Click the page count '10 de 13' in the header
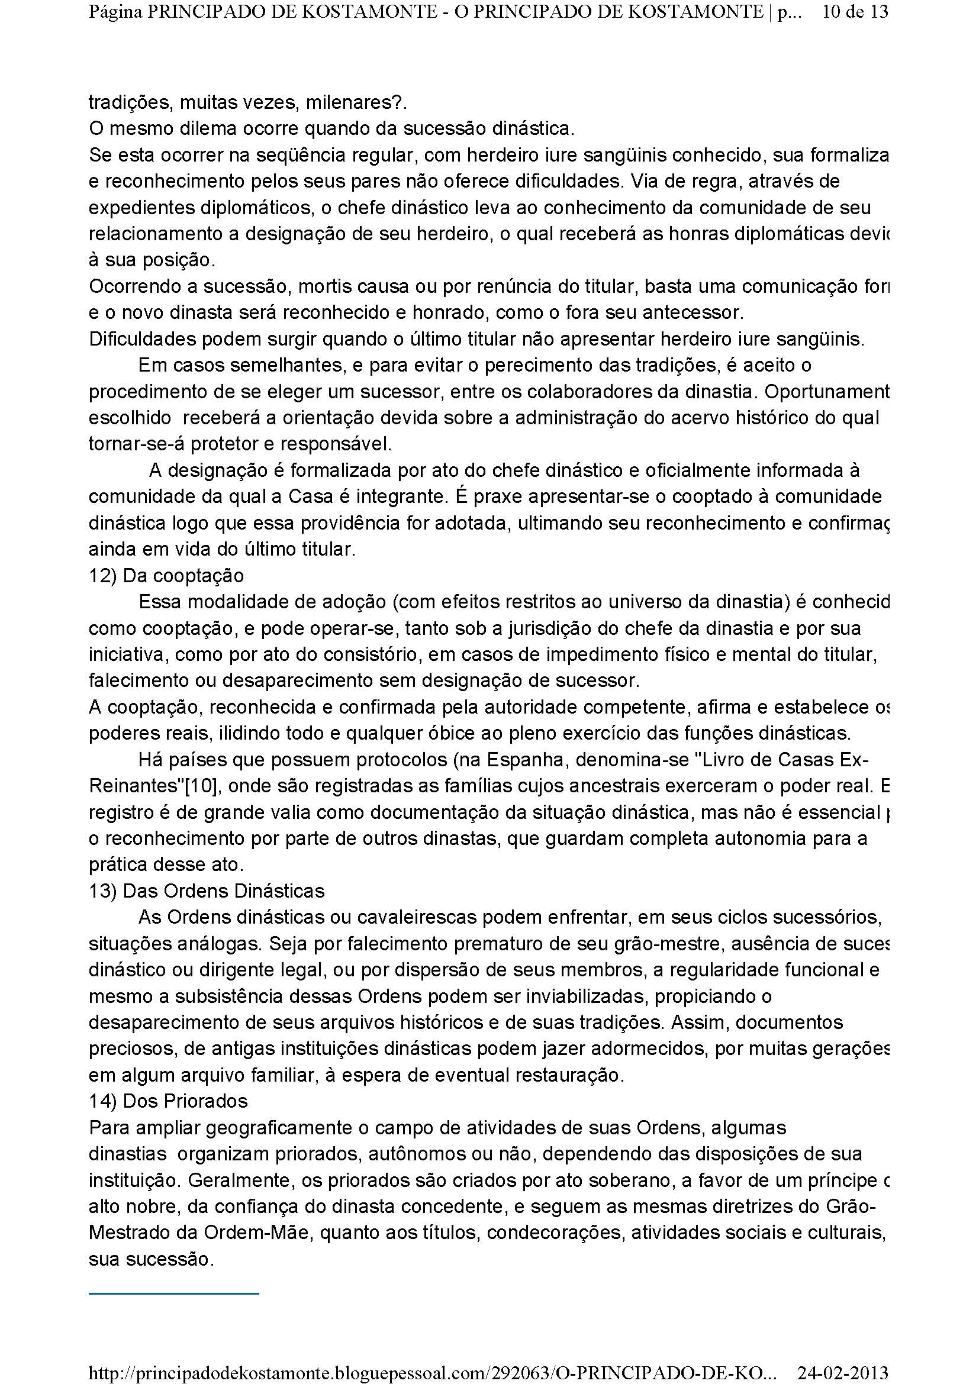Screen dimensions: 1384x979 click(x=855, y=12)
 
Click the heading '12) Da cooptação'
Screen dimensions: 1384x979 click(x=166, y=576)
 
